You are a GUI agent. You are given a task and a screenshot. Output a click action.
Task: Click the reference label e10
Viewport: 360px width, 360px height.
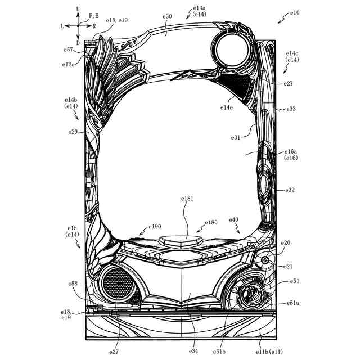[295, 13]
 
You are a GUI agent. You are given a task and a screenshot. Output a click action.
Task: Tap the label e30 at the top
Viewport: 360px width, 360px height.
[167, 16]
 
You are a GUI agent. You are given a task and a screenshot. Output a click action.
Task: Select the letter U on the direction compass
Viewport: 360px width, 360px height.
[78, 9]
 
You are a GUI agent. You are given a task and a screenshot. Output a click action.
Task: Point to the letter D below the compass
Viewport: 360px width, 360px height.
[78, 43]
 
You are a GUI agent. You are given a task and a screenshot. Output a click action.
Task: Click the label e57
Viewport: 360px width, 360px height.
[69, 49]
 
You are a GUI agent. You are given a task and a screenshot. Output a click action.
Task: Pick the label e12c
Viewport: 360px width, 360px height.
[69, 65]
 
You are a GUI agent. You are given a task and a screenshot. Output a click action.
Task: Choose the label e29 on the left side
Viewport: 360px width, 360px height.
[73, 132]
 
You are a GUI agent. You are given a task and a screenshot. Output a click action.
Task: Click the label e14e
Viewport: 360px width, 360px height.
[227, 107]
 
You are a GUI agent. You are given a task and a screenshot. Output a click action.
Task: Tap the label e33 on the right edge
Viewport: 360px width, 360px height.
[291, 109]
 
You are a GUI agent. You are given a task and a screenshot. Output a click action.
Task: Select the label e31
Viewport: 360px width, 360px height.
[236, 137]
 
